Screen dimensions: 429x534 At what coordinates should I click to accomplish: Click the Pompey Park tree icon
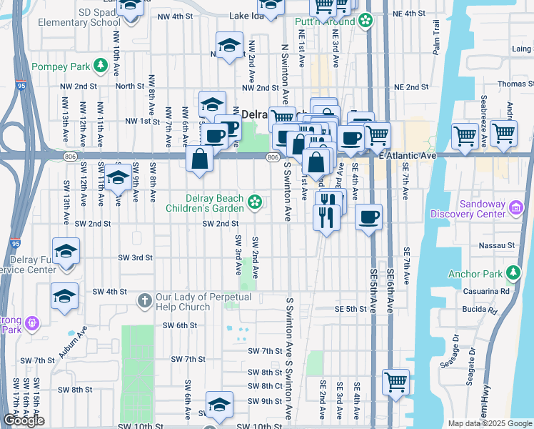[x=101, y=66]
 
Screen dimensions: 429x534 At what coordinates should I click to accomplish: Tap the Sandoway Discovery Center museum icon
[x=516, y=208]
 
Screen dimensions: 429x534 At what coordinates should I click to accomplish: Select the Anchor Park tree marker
[x=512, y=273]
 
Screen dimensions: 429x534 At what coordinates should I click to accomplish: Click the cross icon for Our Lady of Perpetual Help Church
[x=145, y=300]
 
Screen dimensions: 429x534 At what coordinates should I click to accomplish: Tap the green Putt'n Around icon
[x=366, y=21]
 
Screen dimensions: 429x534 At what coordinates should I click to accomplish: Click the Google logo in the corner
[x=24, y=420]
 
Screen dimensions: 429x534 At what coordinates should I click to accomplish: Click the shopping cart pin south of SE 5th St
[x=396, y=381]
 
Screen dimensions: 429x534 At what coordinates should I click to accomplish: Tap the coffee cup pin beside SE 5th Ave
[x=368, y=217]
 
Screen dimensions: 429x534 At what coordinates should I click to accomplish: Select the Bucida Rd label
[x=479, y=311]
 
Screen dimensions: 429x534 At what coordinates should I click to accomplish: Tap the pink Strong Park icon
[x=31, y=324]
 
